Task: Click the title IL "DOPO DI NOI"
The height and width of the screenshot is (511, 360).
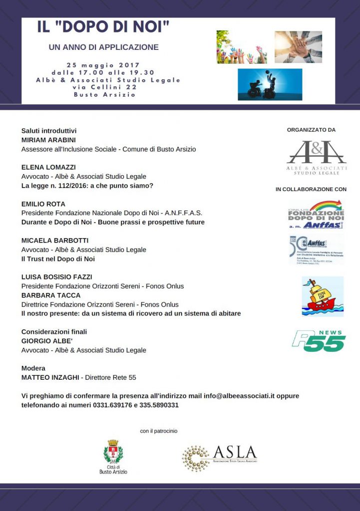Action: [103, 27]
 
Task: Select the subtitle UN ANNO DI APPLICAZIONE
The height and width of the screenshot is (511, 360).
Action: [103, 47]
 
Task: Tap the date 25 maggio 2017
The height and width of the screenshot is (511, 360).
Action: [103, 65]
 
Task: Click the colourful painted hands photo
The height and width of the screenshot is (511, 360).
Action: [242, 47]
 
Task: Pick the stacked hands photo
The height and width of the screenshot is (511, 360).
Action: [298, 46]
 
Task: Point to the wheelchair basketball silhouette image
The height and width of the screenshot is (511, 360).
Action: [270, 84]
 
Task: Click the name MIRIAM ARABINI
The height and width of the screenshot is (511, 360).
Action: [49, 140]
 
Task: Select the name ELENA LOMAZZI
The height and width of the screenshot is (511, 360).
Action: [48, 167]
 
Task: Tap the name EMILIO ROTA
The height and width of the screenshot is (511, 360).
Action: [43, 204]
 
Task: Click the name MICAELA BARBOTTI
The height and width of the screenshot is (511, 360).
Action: [55, 241]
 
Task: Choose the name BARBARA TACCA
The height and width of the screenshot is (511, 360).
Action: [51, 295]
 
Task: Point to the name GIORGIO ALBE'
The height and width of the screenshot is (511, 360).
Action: [47, 341]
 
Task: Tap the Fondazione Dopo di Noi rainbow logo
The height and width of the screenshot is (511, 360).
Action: [317, 215]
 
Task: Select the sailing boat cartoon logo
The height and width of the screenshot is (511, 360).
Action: [323, 296]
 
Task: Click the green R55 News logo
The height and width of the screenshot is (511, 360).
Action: [319, 340]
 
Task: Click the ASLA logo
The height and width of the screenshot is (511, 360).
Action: [220, 457]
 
